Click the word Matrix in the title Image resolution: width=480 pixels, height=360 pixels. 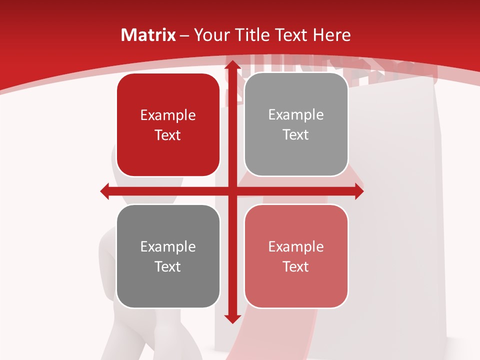click(148, 35)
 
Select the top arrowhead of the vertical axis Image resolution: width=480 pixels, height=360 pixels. click(231, 64)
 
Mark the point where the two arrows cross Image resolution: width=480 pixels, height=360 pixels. click(231, 191)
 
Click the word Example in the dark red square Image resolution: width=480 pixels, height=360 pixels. click(168, 115)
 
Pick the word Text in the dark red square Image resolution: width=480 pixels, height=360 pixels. click(168, 135)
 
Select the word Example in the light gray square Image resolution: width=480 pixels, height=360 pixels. click(296, 115)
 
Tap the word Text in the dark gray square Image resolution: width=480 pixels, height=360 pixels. click(168, 266)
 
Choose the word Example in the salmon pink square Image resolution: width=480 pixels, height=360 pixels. click(296, 247)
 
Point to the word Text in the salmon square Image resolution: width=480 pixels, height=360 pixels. click(296, 266)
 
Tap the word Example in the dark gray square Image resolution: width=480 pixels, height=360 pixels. click(168, 247)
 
